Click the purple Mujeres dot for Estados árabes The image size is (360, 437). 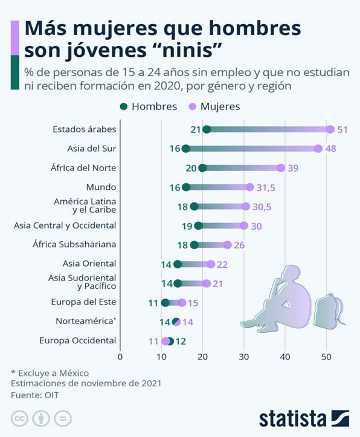pyautogui.click(x=330, y=129)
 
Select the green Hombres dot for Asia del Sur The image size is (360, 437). pyautogui.click(x=185, y=149)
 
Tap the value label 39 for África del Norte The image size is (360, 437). pyautogui.click(x=293, y=168)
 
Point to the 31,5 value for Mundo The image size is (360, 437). pyautogui.click(x=266, y=187)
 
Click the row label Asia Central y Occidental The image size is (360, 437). pyautogui.click(x=65, y=225)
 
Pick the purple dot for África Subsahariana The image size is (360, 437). pyautogui.click(x=228, y=245)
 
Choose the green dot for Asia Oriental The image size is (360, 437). pyautogui.click(x=178, y=264)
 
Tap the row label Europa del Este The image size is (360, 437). pyautogui.click(x=83, y=302)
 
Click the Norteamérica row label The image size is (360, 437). pyautogui.click(x=86, y=321)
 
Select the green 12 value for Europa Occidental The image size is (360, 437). pyautogui.click(x=181, y=342)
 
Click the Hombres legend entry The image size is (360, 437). pyautogui.click(x=149, y=106)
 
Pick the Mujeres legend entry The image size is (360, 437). pyautogui.click(x=214, y=106)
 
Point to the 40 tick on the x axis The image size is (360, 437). pyautogui.click(x=285, y=357)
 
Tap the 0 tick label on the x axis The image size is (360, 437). pyautogui.click(x=120, y=357)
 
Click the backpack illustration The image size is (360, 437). pyautogui.click(x=329, y=311)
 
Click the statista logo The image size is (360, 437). pyautogui.click(x=304, y=418)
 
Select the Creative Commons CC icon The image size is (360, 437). pyautogui.click(x=19, y=419)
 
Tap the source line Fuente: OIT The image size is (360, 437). pyautogui.click(x=35, y=395)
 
